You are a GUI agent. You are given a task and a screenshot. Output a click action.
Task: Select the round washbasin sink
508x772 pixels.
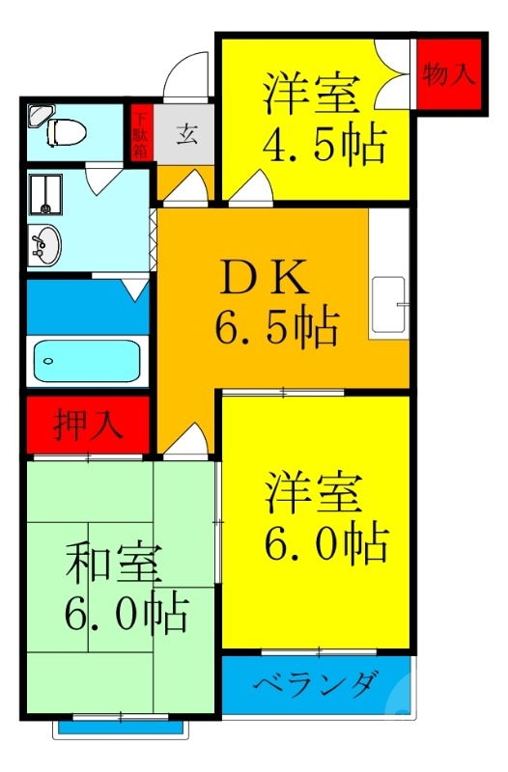[x=43, y=245]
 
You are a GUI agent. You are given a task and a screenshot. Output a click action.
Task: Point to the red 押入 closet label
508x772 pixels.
[x=89, y=426]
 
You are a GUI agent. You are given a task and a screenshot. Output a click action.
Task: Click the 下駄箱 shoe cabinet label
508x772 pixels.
[x=141, y=134]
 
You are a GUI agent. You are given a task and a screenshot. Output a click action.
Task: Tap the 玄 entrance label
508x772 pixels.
[x=187, y=134]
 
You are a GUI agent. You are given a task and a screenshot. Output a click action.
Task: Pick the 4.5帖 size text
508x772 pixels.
[x=325, y=145]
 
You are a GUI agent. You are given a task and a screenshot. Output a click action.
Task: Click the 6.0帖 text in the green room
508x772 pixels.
[x=126, y=614]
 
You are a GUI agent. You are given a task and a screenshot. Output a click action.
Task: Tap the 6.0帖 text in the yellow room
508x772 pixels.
[x=326, y=544]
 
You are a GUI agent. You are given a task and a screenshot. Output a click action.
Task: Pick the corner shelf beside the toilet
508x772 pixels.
[x=41, y=115]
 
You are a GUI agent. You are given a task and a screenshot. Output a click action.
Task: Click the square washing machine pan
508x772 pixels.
[x=42, y=191]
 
